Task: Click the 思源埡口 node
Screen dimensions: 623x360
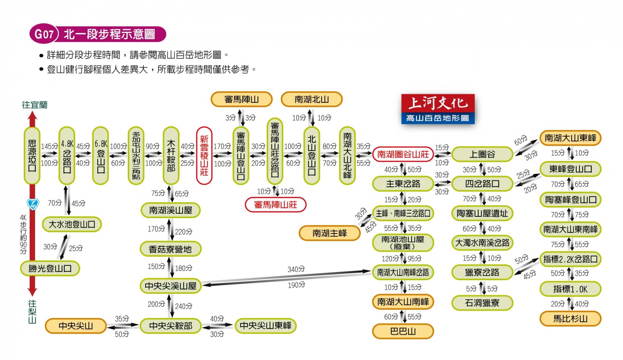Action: pyautogui.click(x=32, y=155)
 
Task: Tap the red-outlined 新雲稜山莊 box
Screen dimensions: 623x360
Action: pyautogui.click(x=204, y=155)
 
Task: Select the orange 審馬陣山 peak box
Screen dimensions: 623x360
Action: pyautogui.click(x=241, y=99)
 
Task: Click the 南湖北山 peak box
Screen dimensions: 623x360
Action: pyautogui.click(x=311, y=99)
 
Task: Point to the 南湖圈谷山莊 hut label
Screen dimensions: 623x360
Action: pyautogui.click(x=403, y=154)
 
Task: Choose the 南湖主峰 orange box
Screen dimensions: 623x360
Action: pyautogui.click(x=329, y=233)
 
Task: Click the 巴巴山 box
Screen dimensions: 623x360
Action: pyautogui.click(x=403, y=331)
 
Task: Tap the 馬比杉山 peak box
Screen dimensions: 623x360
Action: pyautogui.click(x=570, y=318)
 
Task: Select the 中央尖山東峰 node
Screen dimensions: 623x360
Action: pyautogui.click(x=266, y=325)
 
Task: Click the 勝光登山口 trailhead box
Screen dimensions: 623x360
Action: pyautogui.click(x=50, y=268)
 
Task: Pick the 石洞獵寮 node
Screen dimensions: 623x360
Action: pyautogui.click(x=482, y=302)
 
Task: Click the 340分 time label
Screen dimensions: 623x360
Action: pyautogui.click(x=296, y=269)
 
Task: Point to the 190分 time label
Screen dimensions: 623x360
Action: pyautogui.click(x=296, y=285)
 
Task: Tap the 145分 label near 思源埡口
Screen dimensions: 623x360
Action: pyautogui.click(x=49, y=146)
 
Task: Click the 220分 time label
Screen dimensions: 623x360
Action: pyautogui.click(x=183, y=232)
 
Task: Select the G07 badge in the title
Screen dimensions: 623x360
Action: pyautogui.click(x=44, y=34)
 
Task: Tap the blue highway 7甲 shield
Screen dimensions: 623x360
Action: pyautogui.click(x=33, y=204)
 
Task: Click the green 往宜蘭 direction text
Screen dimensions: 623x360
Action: pyautogui.click(x=35, y=105)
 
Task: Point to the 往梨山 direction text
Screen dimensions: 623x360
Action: pyautogui.click(x=32, y=312)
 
